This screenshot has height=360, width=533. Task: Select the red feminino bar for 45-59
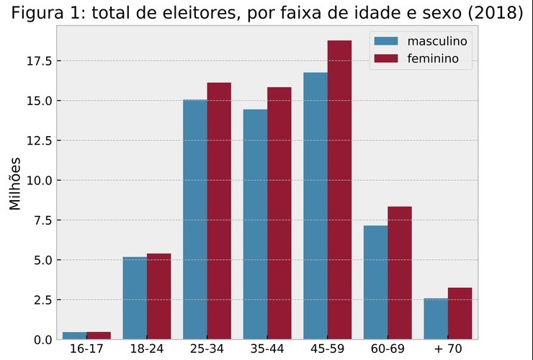coord(339,190)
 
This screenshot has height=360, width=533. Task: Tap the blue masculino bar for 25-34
coord(195,220)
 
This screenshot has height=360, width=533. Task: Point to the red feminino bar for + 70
coord(460,314)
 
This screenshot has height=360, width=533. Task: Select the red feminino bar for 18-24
coord(159,297)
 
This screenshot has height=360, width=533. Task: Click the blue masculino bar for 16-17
coord(75,336)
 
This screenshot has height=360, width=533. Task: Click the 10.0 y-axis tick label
coord(39,181)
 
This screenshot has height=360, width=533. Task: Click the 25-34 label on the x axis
coord(207,350)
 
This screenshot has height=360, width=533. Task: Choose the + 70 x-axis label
coord(448,350)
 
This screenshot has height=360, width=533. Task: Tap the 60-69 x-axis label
coord(388,350)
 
